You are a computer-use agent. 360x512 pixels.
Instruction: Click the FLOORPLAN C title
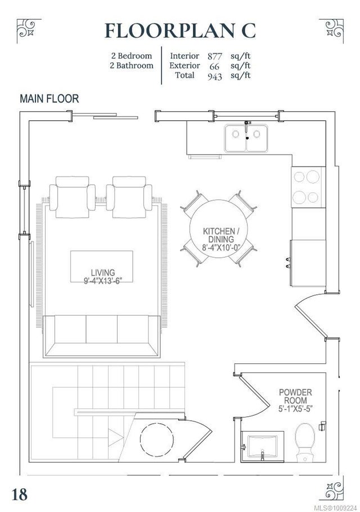click(180, 31)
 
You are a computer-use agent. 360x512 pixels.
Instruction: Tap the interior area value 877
click(215, 56)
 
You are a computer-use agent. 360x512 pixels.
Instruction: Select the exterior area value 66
click(214, 66)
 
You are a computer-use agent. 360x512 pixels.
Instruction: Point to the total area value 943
click(215, 77)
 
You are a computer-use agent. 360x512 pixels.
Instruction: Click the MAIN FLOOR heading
click(49, 98)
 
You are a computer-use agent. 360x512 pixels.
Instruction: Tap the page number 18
click(20, 494)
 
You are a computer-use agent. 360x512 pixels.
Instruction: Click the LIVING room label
click(103, 272)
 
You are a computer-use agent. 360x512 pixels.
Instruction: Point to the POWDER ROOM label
click(295, 396)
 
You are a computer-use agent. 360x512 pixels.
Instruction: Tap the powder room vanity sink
click(262, 447)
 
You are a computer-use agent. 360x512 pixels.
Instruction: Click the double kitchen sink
click(246, 138)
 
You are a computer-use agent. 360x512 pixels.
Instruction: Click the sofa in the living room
click(102, 336)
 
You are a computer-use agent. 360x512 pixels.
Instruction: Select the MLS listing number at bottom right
click(335, 507)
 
